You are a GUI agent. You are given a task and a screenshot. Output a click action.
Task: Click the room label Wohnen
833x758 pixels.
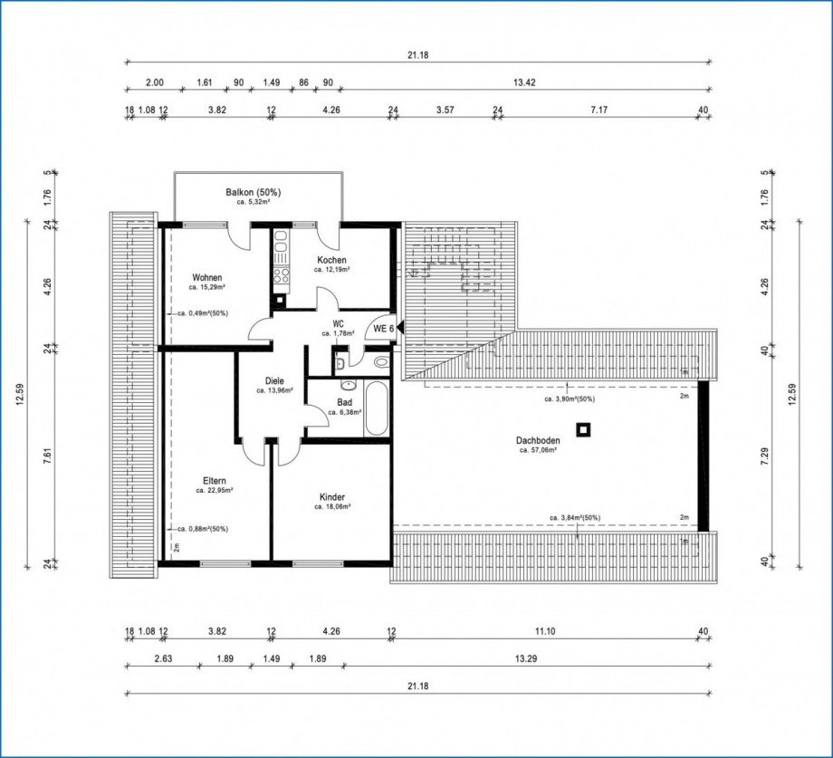(x=207, y=277)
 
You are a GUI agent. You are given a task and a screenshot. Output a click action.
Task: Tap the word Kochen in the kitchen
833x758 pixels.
(x=332, y=260)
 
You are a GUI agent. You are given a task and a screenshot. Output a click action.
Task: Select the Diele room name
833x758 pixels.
(x=274, y=380)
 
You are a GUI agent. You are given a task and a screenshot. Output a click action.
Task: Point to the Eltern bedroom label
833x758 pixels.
(x=215, y=480)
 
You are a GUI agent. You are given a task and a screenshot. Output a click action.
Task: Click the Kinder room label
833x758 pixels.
(x=332, y=497)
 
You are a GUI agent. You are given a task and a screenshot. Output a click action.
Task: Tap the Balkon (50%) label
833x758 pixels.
(x=254, y=192)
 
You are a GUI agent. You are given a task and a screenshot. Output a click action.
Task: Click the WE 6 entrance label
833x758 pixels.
(x=384, y=329)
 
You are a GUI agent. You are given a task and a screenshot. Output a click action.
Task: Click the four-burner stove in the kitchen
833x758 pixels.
(x=281, y=275)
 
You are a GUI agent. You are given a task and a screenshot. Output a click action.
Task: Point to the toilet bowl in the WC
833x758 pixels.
(x=380, y=361)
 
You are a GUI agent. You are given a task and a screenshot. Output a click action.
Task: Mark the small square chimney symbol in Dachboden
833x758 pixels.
(x=584, y=429)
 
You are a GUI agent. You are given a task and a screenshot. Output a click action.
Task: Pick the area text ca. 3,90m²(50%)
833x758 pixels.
(x=569, y=398)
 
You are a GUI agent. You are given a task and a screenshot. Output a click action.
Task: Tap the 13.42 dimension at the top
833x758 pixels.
(x=524, y=82)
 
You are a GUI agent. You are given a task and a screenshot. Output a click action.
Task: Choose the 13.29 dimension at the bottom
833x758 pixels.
(x=524, y=658)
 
